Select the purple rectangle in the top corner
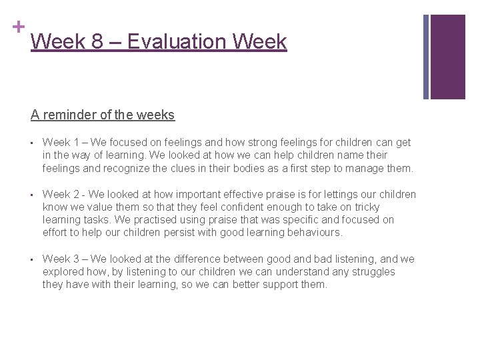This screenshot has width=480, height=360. pyautogui.click(x=447, y=57)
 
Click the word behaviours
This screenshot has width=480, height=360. pyautogui.click(x=310, y=233)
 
